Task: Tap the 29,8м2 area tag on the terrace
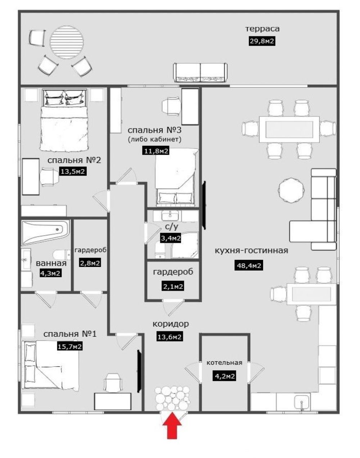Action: (x=262, y=41)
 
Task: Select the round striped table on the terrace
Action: (x=67, y=42)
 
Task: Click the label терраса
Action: (x=262, y=29)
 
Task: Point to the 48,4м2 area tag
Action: (x=249, y=266)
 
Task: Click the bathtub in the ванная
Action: (x=46, y=232)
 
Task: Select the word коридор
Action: (x=171, y=324)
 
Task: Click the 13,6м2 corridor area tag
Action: (x=169, y=337)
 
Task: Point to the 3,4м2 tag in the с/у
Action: (x=171, y=239)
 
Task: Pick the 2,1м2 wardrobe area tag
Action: (x=173, y=286)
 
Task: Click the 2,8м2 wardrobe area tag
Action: (x=90, y=263)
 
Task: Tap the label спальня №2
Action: (x=74, y=160)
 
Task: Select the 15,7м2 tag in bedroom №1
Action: (x=69, y=346)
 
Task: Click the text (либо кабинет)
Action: (x=154, y=140)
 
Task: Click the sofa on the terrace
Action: (x=201, y=72)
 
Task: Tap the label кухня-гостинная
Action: (x=251, y=251)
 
